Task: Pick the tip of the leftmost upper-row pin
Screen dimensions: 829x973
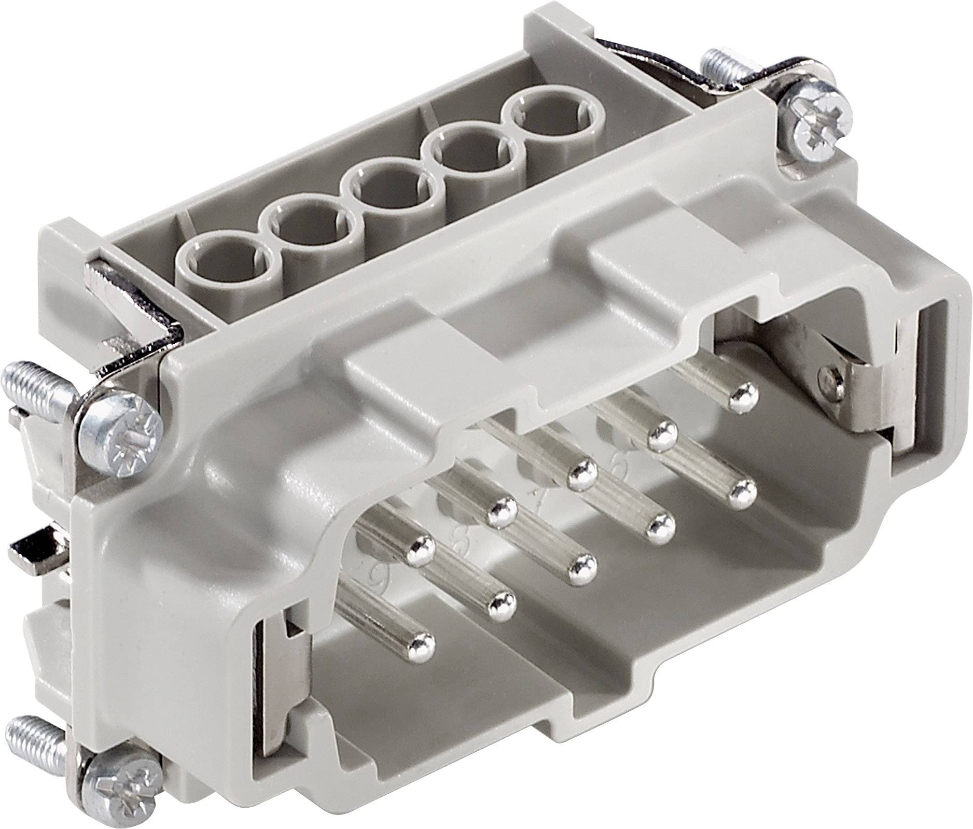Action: (420, 555)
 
